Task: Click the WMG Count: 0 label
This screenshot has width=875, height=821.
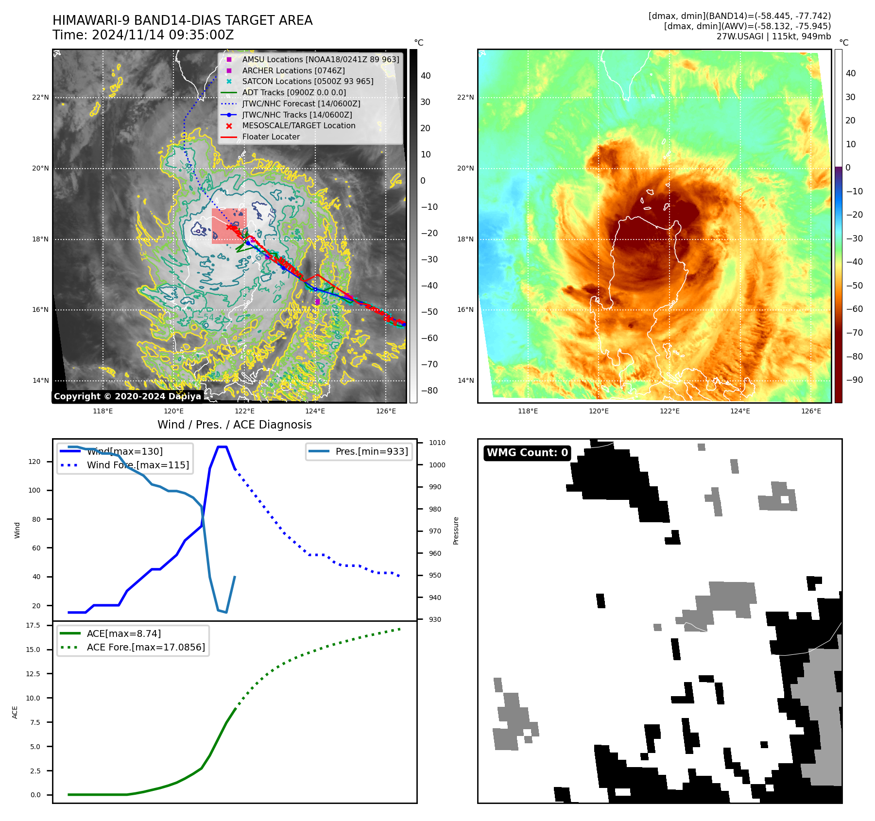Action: [x=527, y=453]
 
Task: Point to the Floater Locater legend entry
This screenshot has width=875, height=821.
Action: [x=271, y=137]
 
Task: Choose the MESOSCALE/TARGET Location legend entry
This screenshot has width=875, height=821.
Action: [x=298, y=125]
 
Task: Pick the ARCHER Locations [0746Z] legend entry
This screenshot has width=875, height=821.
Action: [x=293, y=70]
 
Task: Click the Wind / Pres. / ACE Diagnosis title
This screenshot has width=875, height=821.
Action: [x=234, y=425]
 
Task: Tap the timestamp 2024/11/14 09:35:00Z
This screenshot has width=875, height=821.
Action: [x=163, y=35]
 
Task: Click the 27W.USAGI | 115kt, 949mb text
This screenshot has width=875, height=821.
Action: [x=773, y=36]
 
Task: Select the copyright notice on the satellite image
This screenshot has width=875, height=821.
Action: [x=127, y=396]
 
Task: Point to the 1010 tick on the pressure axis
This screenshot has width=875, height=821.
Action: [x=437, y=443]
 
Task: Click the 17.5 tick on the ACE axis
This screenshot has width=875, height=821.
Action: [x=33, y=625]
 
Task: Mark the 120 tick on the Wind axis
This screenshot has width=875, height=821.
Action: [x=34, y=462]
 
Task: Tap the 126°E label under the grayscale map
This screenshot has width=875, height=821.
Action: [x=386, y=411]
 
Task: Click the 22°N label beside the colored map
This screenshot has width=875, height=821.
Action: [x=465, y=97]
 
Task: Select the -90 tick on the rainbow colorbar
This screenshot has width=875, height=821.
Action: [x=854, y=379]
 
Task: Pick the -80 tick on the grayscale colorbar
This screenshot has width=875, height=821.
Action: [x=429, y=391]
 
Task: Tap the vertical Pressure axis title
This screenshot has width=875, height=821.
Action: [x=456, y=530]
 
